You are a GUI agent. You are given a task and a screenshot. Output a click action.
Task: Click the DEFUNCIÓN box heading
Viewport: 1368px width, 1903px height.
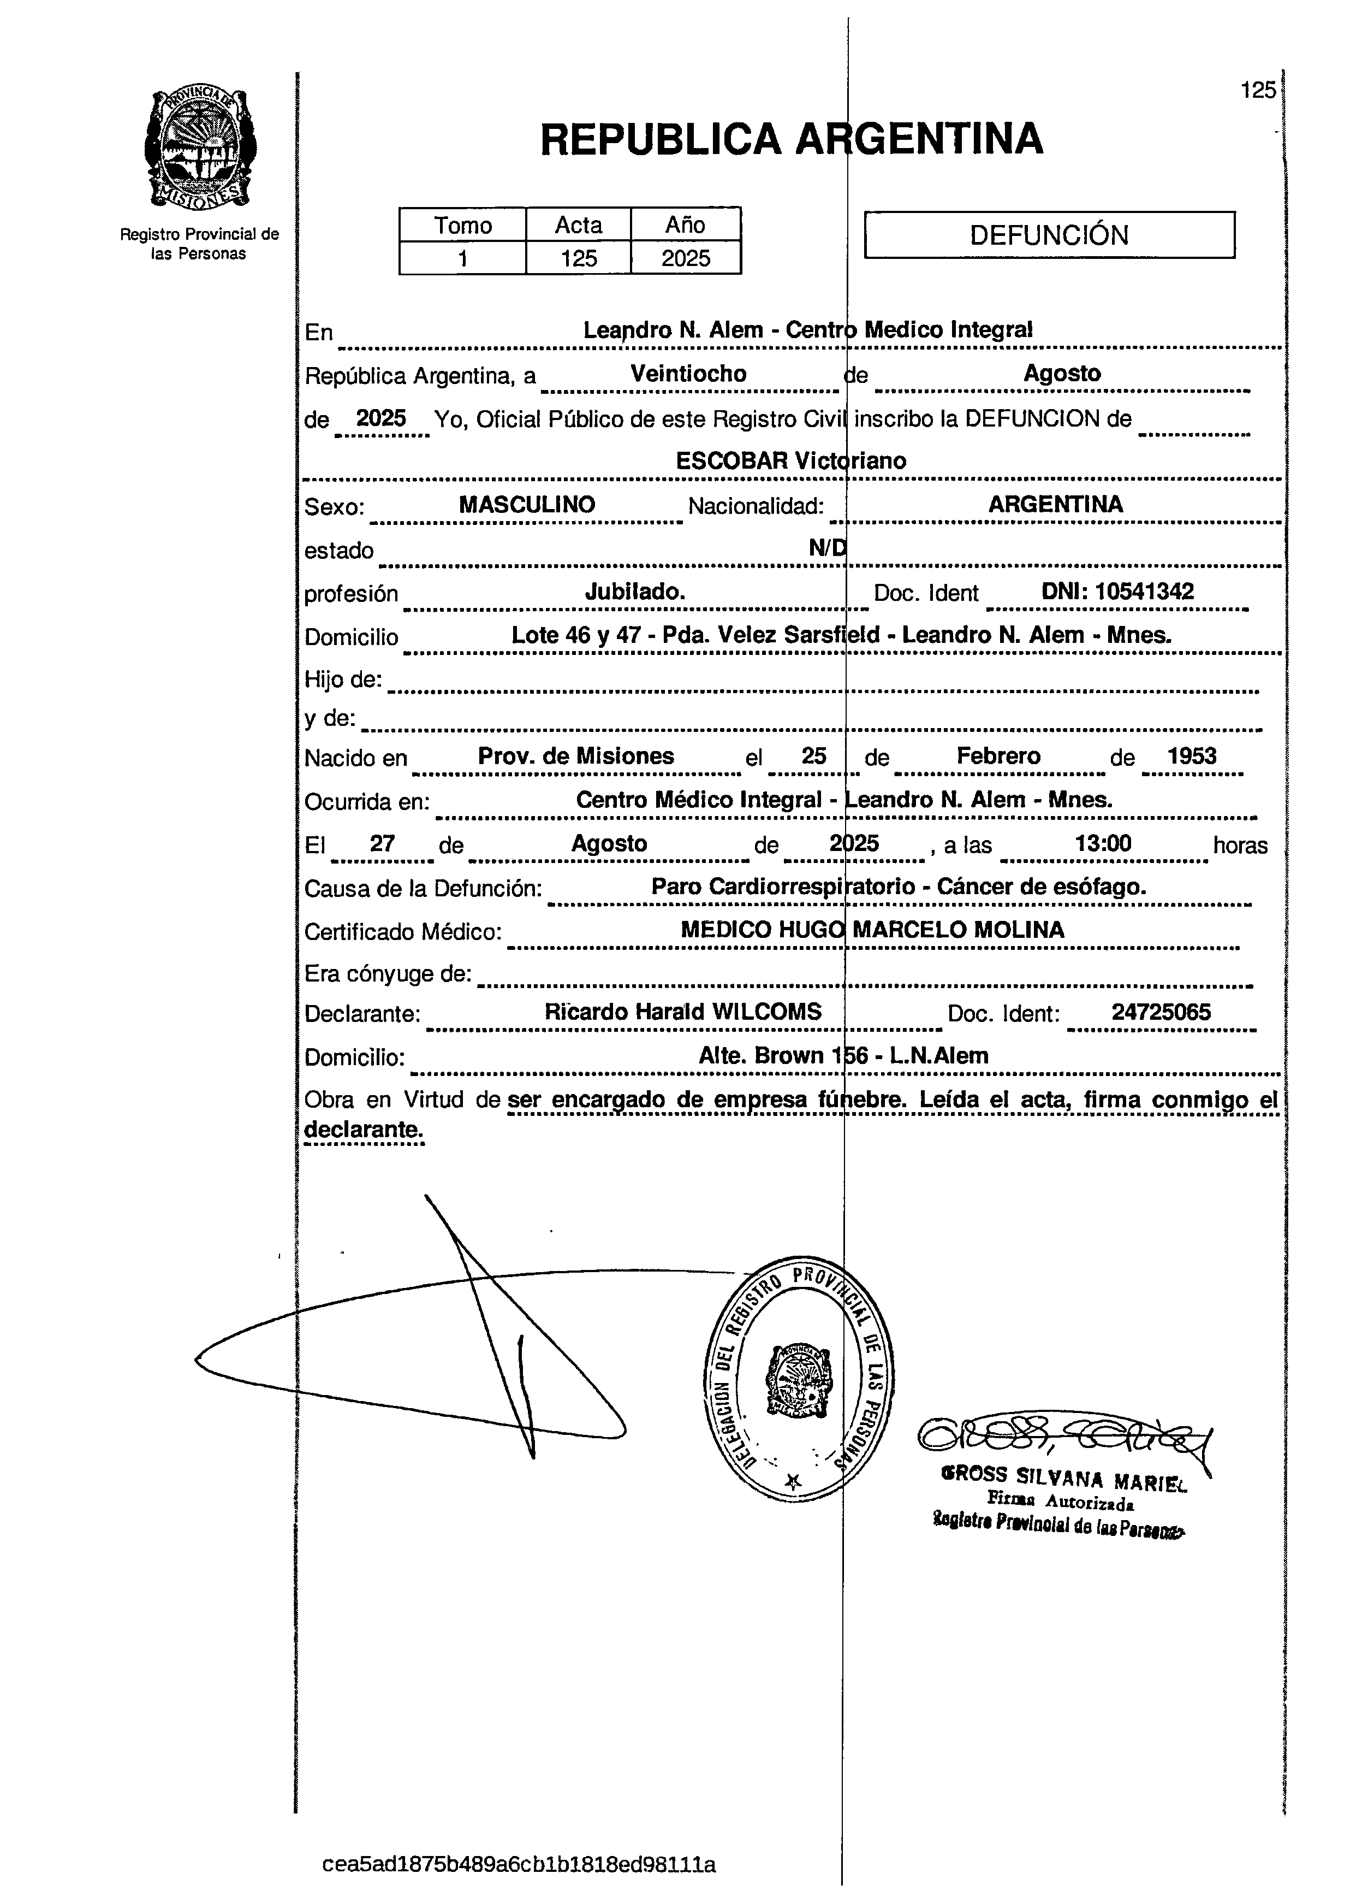[1049, 235]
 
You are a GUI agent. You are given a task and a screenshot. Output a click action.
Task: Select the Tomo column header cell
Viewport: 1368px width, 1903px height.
[462, 226]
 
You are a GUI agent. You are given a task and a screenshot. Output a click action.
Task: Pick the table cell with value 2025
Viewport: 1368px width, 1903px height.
[685, 258]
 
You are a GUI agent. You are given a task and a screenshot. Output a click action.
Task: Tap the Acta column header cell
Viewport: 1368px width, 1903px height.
[578, 226]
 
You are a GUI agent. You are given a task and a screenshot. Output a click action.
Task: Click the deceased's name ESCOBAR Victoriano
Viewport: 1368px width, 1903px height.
[791, 460]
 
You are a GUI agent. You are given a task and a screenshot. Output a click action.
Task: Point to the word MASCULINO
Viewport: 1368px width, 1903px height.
[527, 504]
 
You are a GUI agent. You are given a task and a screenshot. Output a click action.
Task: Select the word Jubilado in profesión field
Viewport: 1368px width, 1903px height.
[635, 592]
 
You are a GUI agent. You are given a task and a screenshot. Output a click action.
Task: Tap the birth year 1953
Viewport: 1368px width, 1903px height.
[1191, 756]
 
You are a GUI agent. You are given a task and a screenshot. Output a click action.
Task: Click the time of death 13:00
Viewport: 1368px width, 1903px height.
[1103, 843]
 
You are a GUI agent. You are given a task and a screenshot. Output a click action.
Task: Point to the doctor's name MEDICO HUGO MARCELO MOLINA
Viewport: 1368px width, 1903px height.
[872, 930]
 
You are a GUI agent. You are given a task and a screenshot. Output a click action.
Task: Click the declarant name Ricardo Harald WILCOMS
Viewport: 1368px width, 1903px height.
[683, 1012]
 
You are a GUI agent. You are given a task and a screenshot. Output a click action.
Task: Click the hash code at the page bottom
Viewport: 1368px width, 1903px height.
[519, 1864]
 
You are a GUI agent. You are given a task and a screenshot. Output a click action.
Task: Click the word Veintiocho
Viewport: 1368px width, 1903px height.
[688, 374]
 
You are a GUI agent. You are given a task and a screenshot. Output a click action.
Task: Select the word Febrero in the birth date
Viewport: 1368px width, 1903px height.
[998, 756]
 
